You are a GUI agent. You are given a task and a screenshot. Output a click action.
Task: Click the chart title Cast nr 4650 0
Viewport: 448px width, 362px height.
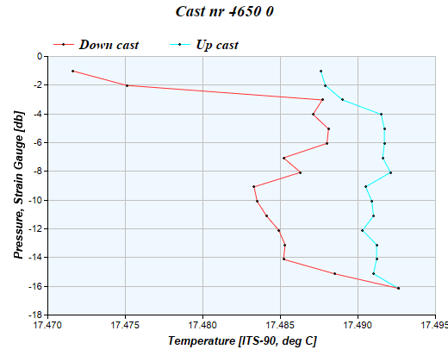coord(224,13)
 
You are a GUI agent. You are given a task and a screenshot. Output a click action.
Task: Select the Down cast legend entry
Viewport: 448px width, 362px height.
coord(109,44)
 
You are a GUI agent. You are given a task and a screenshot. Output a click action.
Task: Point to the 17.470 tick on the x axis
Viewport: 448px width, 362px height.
coord(48,326)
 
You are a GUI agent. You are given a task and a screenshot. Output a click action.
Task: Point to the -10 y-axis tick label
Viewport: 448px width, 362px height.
coord(37,200)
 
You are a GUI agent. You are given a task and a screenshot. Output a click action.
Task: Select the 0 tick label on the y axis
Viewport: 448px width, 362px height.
coord(40,56)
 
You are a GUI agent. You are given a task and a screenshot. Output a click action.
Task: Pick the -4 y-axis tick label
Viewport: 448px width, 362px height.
coord(39,114)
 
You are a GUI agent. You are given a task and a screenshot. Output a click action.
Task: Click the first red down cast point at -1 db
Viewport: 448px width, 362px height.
coord(72,71)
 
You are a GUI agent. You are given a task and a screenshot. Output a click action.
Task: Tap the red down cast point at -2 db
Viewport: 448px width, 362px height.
coord(127,85)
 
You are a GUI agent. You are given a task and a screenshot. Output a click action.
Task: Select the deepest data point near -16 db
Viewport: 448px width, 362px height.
coord(398,288)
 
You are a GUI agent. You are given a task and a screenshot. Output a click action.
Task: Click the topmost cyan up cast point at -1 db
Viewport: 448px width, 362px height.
coord(320,71)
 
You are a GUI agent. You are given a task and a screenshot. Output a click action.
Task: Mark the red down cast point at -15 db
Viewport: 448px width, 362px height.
coord(334,273)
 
